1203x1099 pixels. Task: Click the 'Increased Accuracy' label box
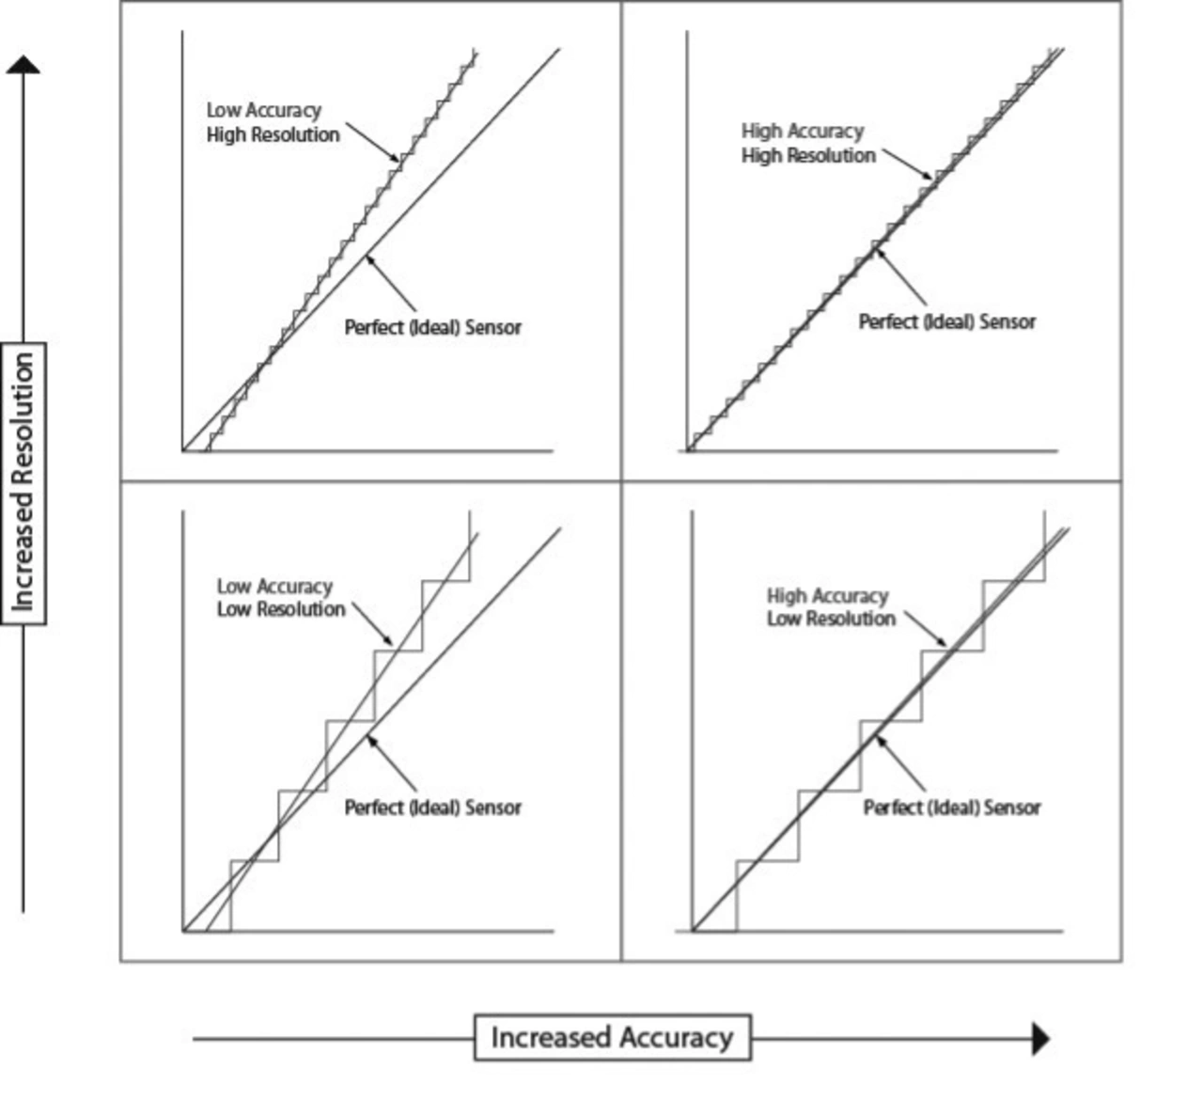612,1037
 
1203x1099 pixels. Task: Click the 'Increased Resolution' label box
23,483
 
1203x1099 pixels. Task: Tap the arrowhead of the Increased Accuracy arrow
1040,1039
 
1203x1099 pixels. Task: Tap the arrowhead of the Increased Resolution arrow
23,65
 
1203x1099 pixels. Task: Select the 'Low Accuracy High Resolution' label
273,122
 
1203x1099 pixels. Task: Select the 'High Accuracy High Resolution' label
808,143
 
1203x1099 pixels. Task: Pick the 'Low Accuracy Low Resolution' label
281,598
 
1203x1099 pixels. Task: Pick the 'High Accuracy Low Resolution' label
831,607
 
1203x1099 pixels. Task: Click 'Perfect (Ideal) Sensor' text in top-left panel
433,327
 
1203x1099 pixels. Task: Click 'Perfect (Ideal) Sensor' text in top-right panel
947,322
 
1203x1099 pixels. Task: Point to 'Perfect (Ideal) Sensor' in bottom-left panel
433,808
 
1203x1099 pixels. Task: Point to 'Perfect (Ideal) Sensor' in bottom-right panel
952,808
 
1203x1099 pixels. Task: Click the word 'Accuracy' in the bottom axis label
676,1037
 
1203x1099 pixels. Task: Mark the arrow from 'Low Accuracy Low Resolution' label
373,624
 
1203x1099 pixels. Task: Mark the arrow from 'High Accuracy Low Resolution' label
926,629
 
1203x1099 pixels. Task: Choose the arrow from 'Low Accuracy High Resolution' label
373,142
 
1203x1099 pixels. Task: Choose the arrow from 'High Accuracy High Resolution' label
908,165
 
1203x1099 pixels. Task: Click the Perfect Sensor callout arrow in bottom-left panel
391,762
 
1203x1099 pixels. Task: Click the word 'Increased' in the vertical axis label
23,553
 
